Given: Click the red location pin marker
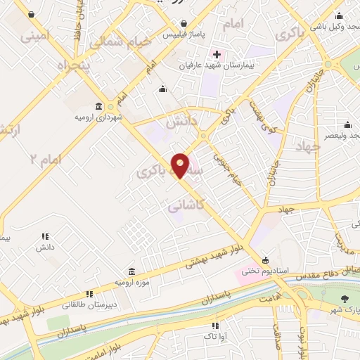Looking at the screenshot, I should [181, 165].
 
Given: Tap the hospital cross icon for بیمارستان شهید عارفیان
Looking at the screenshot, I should [217, 54].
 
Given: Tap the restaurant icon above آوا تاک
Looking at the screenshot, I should [216, 326].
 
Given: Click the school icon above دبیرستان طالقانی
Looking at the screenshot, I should [89, 294].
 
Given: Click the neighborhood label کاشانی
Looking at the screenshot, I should [188, 206].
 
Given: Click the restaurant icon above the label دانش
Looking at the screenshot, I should [45, 237].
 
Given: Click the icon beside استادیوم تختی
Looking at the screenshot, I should [264, 259].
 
